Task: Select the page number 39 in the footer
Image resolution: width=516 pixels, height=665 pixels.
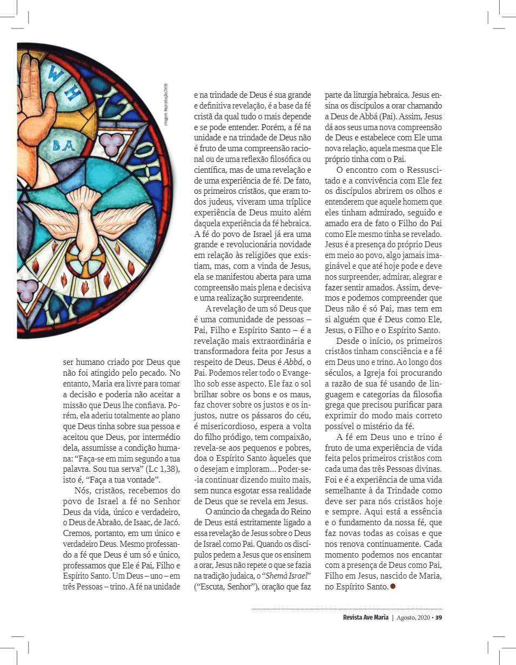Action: pyautogui.click(x=439, y=617)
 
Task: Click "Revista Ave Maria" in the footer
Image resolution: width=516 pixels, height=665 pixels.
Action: pyautogui.click(x=365, y=617)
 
